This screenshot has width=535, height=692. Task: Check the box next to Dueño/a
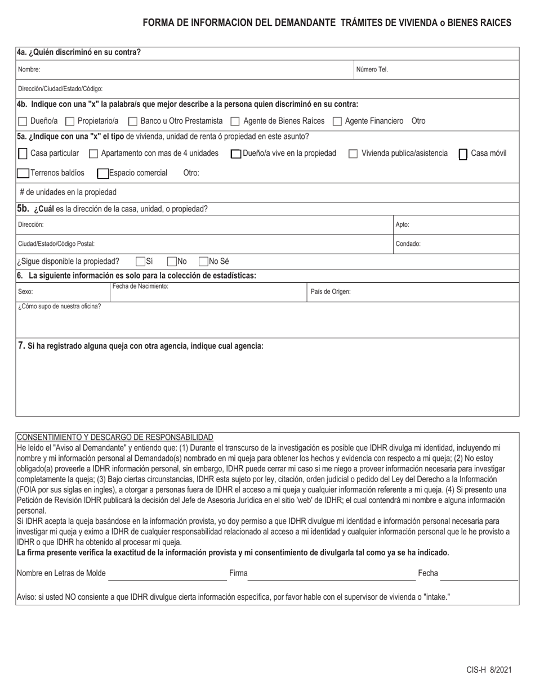point(23,122)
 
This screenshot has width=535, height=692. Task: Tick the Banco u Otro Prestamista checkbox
point(133,122)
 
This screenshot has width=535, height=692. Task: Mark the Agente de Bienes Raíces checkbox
point(235,122)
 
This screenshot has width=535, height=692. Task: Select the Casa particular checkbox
point(23,154)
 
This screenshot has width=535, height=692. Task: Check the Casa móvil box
point(463,154)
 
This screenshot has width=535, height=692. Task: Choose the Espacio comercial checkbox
point(103,173)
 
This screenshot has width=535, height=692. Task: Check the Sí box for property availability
point(141,261)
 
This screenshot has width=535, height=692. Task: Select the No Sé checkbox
point(204,261)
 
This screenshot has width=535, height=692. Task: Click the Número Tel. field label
point(372,70)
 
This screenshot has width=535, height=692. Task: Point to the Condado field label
point(408,244)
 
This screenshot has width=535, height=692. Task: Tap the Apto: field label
point(402,224)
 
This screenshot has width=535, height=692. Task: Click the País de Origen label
point(331,291)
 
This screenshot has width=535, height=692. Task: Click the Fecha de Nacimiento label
point(140,286)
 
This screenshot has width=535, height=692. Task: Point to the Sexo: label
point(25,292)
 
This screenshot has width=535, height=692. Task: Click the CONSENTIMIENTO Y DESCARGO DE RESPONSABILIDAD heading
point(115,437)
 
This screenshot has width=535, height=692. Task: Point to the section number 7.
point(21,345)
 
